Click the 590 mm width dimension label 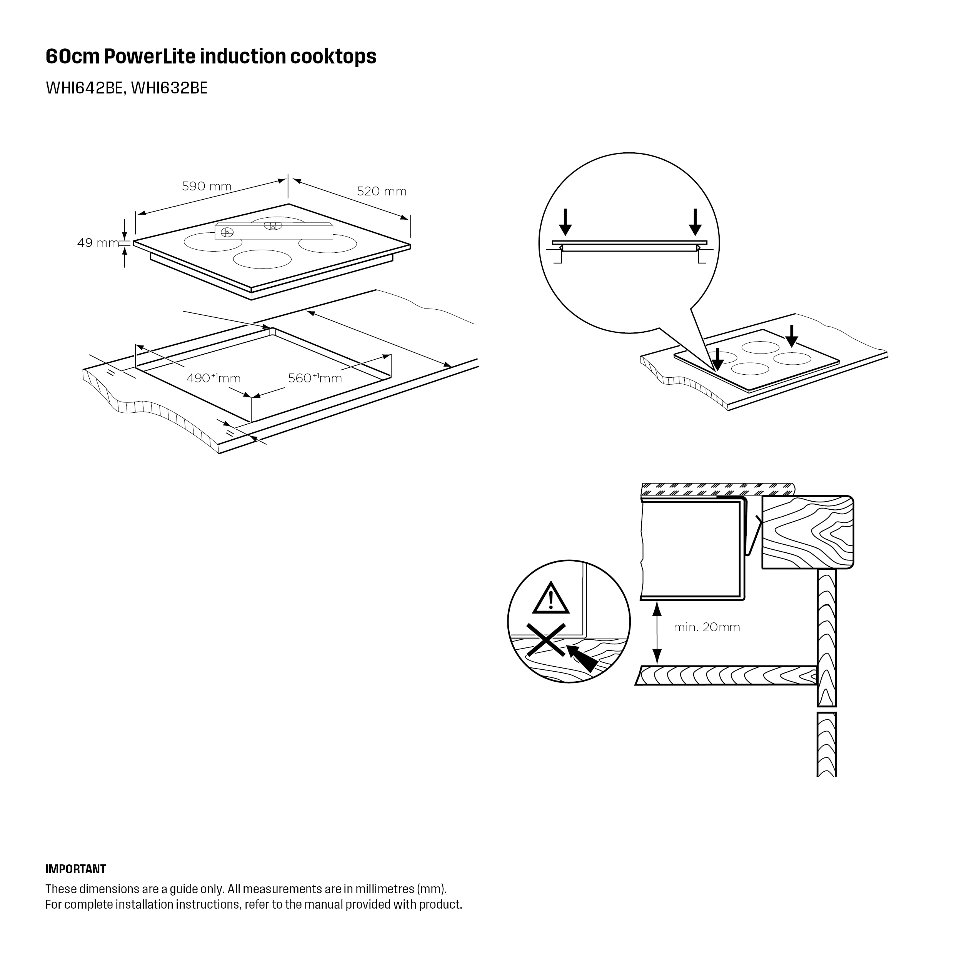tap(207, 186)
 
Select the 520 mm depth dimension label tap(381, 191)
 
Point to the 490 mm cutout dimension tap(213, 378)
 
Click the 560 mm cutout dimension tap(315, 378)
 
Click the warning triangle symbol tap(550, 599)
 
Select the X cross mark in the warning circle tap(545, 640)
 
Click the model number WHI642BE tap(84, 88)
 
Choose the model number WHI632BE tap(169, 88)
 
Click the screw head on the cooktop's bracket tap(227, 232)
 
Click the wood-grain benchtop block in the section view tap(808, 532)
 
